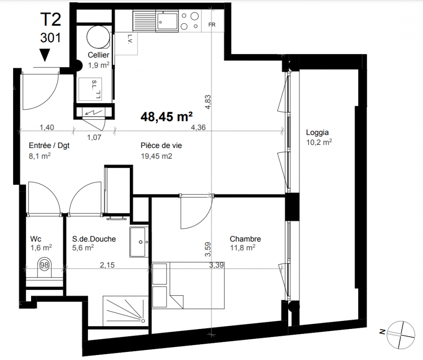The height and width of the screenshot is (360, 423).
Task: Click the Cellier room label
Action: click(99, 55)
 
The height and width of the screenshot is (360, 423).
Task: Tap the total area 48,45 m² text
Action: click(166, 117)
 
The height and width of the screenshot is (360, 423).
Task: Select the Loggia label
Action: click(317, 133)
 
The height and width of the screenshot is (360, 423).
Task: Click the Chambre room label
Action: click(245, 239)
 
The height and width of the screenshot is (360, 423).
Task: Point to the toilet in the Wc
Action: click(45, 268)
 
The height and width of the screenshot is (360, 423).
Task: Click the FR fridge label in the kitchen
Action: click(212, 25)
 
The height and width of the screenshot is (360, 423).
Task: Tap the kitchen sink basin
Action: click(168, 21)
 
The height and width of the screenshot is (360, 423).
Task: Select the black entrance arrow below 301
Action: click(45, 55)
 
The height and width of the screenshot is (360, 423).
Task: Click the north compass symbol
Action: click(400, 335)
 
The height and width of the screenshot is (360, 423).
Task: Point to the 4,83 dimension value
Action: click(208, 102)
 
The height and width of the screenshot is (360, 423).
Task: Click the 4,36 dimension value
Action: click(198, 127)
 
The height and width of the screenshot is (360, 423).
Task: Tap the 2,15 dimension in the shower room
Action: click(107, 265)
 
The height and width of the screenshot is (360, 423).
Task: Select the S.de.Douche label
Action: click(94, 239)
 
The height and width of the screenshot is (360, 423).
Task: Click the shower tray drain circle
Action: click(143, 321)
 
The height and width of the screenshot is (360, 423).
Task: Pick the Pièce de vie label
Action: click(161, 145)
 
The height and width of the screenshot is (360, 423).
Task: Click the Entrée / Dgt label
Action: click(49, 145)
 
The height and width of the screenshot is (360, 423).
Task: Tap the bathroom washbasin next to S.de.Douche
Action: click(139, 242)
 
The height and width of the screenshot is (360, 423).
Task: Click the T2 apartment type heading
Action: click(51, 19)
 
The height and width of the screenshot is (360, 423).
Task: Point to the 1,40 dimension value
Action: click(47, 127)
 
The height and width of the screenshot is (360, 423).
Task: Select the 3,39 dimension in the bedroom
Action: click(216, 265)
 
